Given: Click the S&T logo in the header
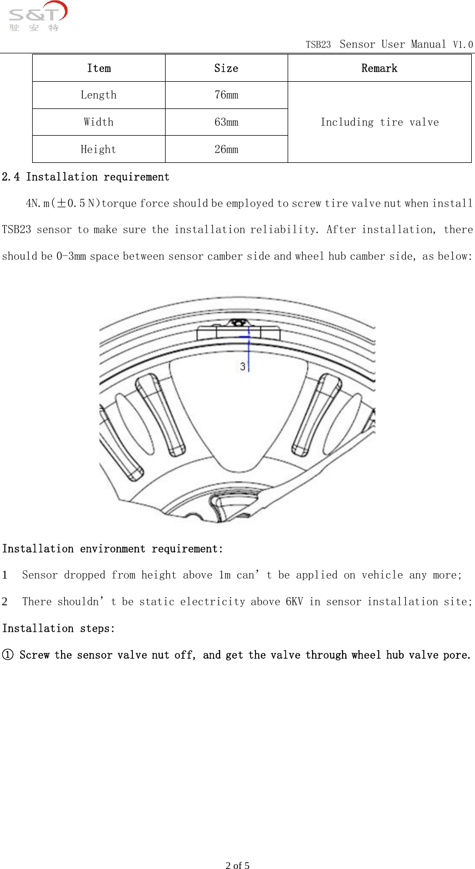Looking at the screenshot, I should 37,16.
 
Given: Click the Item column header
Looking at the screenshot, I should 99,68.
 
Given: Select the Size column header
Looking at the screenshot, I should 226,68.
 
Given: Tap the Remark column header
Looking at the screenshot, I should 379,68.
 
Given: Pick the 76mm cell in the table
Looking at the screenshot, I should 226,95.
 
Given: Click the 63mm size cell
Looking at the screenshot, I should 226,122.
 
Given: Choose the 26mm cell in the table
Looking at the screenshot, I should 226,149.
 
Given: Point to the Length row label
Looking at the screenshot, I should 99,95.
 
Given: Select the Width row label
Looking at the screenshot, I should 99,122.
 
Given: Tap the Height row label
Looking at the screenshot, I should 99,149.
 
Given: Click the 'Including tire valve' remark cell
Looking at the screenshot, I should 379,122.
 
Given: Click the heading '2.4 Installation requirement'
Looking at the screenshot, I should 86,177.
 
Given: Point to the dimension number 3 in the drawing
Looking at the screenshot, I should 242,367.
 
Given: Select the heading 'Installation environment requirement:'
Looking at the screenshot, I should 112,549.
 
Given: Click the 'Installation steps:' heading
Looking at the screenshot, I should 58,628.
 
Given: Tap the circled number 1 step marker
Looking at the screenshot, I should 8,655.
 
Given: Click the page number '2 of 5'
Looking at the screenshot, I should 237,865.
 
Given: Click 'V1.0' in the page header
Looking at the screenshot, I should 462,45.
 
